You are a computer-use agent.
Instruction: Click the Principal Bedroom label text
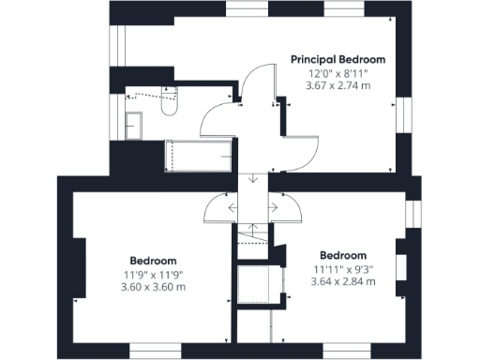[x=338, y=59]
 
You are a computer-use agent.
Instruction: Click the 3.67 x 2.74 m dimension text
[x=338, y=85]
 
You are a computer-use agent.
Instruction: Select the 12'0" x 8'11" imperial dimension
[x=338, y=72]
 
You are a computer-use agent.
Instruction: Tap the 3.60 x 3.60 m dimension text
[x=154, y=286]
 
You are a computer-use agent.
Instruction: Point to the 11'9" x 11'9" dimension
[x=154, y=274]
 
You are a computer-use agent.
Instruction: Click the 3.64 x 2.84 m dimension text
[x=343, y=280]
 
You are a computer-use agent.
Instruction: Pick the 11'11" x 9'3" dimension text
[x=343, y=268]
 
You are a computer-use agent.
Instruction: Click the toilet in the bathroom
[x=169, y=104]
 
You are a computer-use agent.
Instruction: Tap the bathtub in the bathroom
[x=198, y=156]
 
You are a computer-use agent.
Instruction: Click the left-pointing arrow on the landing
[x=232, y=207]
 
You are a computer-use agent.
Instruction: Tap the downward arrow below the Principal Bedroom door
[x=253, y=179]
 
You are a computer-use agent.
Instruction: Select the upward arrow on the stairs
[x=253, y=231]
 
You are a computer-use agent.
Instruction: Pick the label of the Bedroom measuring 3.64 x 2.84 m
[x=343, y=255]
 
